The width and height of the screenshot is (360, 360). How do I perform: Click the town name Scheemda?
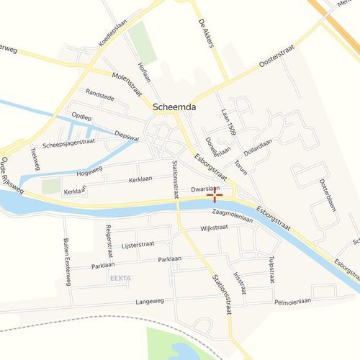(x=176, y=107)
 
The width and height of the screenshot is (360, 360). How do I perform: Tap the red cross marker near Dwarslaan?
(x=215, y=194)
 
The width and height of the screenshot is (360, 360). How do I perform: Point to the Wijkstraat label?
(x=214, y=228)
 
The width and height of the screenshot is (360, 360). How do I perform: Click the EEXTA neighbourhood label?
(x=121, y=277)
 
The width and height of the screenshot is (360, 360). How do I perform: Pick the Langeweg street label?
(x=149, y=302)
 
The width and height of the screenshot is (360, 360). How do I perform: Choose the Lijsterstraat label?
(x=138, y=245)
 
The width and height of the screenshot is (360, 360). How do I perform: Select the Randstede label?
(x=100, y=94)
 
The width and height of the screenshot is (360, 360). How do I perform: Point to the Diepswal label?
(x=126, y=135)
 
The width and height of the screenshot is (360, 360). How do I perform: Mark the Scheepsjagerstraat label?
(x=68, y=144)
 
